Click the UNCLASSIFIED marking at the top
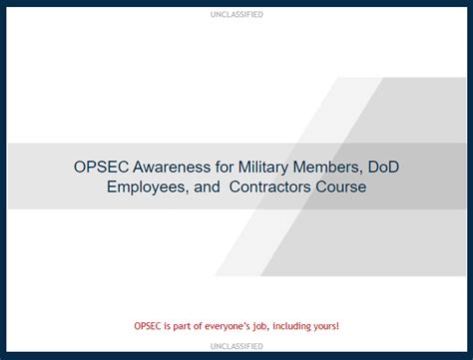click(x=236, y=15)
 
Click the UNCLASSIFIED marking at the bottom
click(x=236, y=345)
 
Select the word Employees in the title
click(x=149, y=186)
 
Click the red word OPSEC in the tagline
click(x=150, y=325)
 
